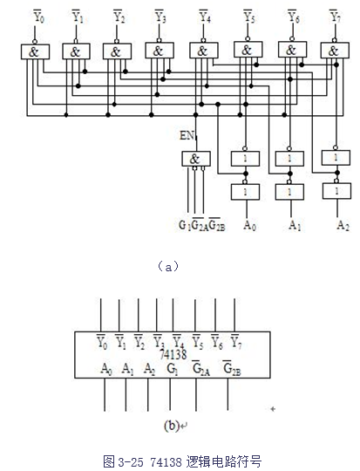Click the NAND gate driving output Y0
coord(35,52)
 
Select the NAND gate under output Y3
coord(160,51)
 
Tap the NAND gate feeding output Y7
coord(335,51)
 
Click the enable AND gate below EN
coord(196,159)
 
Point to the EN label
coord(187,135)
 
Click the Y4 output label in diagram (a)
coord(205,16)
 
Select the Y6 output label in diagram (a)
coord(293,16)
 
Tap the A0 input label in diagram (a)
coord(250,225)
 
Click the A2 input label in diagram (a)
coord(343,225)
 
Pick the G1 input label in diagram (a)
coord(185,225)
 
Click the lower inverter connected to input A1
coord(289,192)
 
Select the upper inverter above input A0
coord(245,158)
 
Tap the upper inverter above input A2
coord(336,158)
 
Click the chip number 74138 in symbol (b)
coord(173,354)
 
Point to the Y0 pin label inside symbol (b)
coord(102,342)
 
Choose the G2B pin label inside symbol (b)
coord(232,368)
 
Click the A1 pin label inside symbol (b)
coord(127,369)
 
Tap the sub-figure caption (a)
coord(168,266)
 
